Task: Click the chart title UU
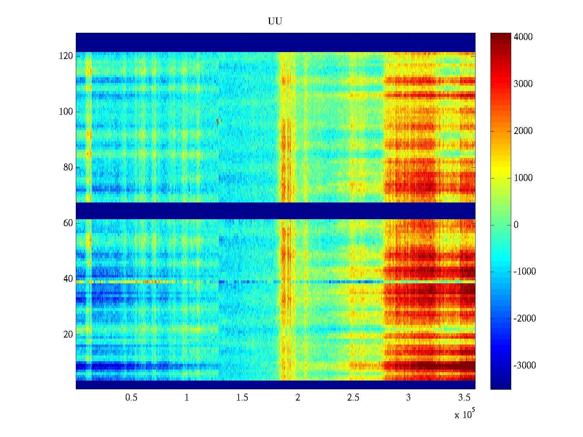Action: coord(275,21)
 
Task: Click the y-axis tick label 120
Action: coord(66,56)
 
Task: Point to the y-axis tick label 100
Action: coord(66,112)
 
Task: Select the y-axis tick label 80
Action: coord(68,168)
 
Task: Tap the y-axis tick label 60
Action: coord(68,223)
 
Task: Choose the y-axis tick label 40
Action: coord(68,279)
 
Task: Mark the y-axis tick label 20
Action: coord(68,335)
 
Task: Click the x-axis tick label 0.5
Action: coord(131,398)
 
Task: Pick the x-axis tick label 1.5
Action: coord(242,398)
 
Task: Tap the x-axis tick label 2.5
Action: coord(353,398)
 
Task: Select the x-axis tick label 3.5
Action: coord(464,398)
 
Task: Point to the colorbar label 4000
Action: coord(523,37)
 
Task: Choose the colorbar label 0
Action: coord(516,225)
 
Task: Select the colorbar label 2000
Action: coord(523,131)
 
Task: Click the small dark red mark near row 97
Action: coord(217,122)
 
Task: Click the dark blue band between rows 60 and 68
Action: coord(275,211)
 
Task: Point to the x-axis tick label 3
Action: coord(408,398)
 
